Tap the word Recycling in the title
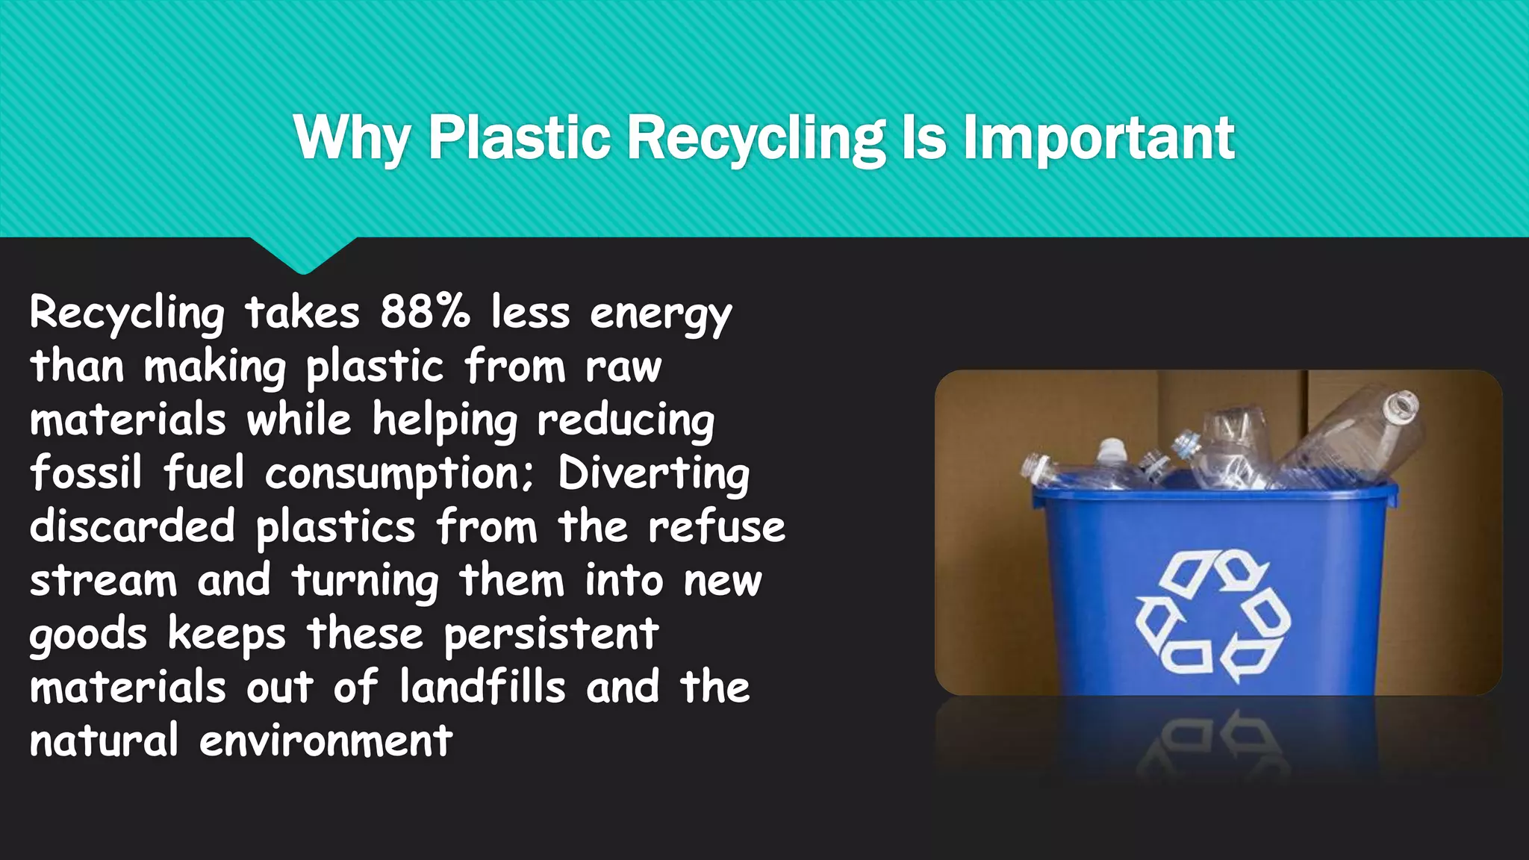coord(756,139)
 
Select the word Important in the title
coord(1098,139)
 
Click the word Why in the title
coord(352,139)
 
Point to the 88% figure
coord(425,311)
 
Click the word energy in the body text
coord(661,314)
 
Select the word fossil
coord(86,473)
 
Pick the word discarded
coord(132,526)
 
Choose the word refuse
coord(716,526)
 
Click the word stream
coord(103,581)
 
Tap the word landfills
coord(482,687)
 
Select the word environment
coord(326,741)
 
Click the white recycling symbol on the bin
coord(1213,615)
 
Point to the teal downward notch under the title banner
coord(303,255)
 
